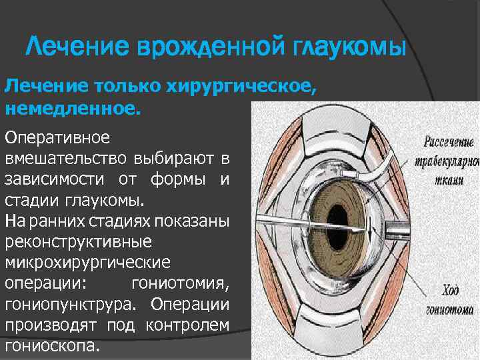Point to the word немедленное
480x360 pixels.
tap(73, 108)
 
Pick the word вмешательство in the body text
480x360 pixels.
tap(67, 160)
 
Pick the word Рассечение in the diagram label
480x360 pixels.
tap(448, 143)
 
